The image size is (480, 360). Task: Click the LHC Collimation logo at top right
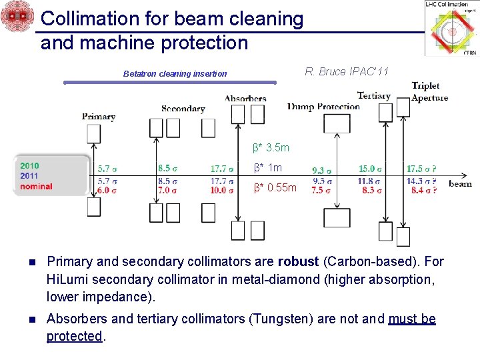pos(451,29)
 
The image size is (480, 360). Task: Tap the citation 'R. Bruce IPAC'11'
pos(346,71)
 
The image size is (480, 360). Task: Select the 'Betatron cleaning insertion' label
pos(175,74)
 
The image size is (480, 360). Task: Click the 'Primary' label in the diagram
pos(99,116)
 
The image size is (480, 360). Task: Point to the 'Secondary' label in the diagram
pos(183,109)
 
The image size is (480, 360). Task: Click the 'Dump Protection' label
pos(324,106)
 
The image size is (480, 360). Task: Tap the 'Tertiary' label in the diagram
pos(373,95)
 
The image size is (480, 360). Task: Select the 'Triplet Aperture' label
pos(429,91)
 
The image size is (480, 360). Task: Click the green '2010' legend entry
pos(29,166)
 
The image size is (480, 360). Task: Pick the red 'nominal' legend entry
pos(36,187)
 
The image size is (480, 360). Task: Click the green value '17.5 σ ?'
pos(421,169)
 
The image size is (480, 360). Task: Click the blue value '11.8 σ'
pos(371,180)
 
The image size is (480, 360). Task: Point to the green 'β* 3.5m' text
pos(271,147)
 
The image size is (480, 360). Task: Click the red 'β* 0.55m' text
pos(275,188)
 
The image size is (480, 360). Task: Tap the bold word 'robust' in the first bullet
pos(299,261)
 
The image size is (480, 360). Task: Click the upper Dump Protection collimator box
pos(337,123)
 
